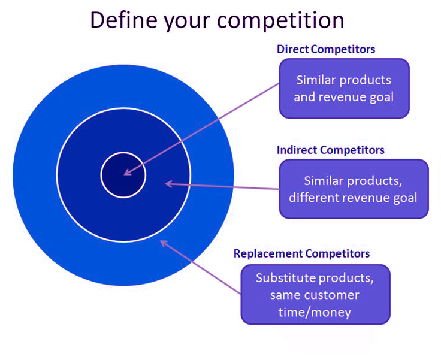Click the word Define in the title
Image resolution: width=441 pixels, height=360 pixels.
tap(123, 20)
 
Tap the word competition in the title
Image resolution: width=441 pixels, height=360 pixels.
tap(280, 21)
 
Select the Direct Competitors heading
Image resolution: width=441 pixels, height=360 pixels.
tap(326, 49)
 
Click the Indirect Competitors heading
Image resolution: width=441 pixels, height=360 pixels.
tap(331, 150)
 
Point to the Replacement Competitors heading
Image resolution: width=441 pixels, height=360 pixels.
tap(301, 254)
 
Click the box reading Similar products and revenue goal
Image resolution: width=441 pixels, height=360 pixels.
tap(345, 88)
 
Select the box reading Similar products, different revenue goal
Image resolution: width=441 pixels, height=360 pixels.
tap(354, 189)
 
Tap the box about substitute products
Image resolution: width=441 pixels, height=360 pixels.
tap(316, 295)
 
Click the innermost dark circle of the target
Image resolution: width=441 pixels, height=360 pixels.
tap(123, 175)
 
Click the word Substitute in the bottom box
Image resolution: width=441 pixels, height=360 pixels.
tap(285, 278)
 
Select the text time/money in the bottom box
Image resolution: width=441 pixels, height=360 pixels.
tap(315, 313)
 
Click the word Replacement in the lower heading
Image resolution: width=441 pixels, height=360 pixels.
tap(268, 254)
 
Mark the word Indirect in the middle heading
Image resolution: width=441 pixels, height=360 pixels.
tap(297, 150)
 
